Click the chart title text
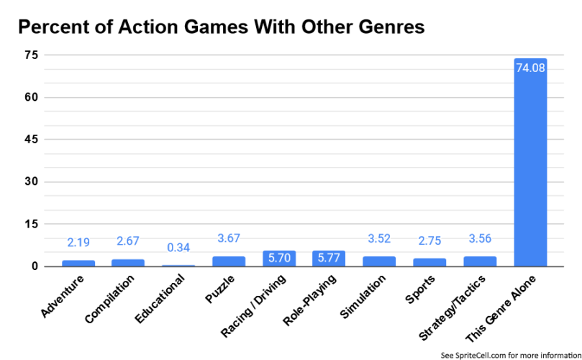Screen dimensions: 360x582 (x=222, y=27)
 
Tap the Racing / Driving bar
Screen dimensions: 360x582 (x=279, y=258)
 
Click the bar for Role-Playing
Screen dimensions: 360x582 (x=329, y=258)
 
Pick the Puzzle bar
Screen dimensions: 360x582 (x=229, y=261)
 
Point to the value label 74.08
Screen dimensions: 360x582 (x=531, y=68)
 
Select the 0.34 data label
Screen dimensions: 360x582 (x=178, y=248)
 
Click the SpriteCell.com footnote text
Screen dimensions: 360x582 (x=510, y=354)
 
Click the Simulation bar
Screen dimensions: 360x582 (x=379, y=261)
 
